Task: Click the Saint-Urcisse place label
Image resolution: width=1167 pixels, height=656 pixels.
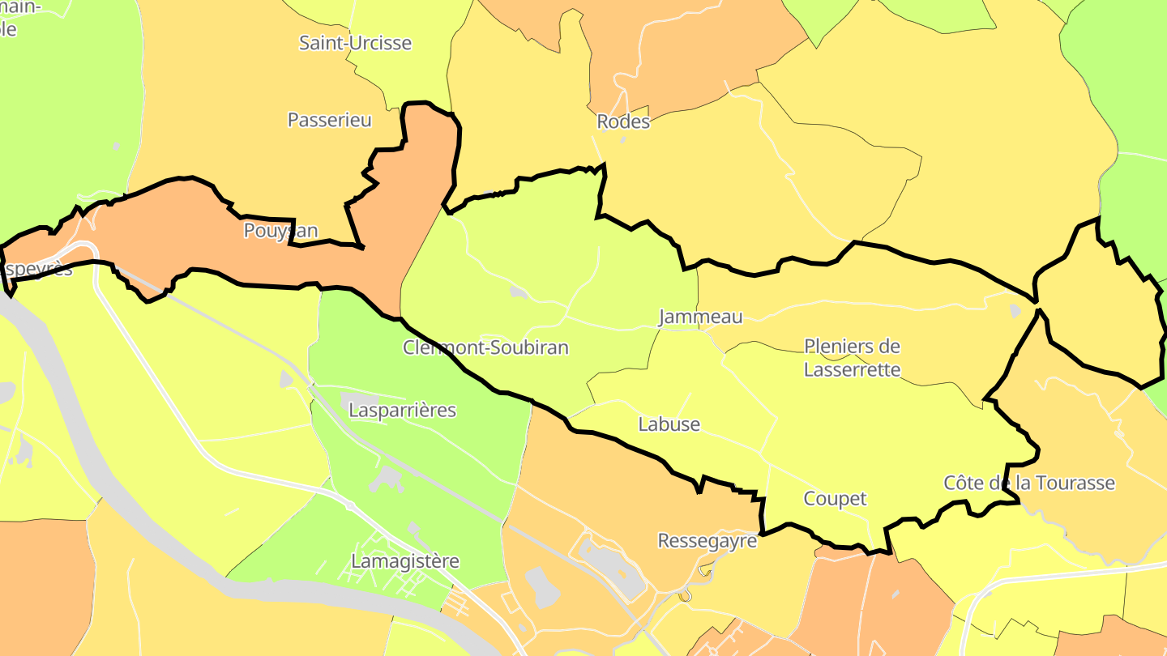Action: [355, 43]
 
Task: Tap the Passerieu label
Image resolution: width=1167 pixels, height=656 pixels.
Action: [329, 120]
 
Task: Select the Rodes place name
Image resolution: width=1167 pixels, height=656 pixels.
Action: [623, 122]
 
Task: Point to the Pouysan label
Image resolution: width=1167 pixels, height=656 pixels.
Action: [280, 231]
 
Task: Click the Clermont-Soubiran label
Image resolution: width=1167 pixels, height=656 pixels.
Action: [485, 347]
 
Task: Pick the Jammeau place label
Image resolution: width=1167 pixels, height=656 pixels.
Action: [700, 317]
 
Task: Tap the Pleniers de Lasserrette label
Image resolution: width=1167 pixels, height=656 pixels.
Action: [852, 358]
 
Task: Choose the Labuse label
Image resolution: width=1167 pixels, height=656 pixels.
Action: [669, 424]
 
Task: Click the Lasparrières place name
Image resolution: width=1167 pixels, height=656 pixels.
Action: [402, 410]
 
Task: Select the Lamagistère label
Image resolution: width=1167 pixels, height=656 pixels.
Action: [405, 561]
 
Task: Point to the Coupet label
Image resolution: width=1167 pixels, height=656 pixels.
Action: [835, 499]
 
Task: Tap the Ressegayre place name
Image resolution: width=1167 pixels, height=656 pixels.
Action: [707, 540]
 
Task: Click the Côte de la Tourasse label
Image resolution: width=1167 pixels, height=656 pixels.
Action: [1029, 483]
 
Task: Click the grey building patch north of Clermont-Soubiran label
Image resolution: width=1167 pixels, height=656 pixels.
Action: [517, 292]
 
